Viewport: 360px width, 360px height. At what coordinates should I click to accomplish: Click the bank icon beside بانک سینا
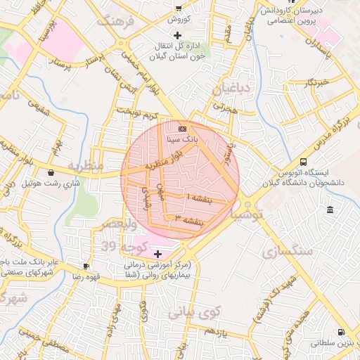[x=183, y=129]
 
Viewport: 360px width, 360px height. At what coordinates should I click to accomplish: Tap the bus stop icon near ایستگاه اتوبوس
[x=303, y=161]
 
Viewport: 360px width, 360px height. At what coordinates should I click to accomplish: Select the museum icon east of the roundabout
[x=330, y=210]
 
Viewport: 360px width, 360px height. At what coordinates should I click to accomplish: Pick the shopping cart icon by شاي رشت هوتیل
[x=51, y=172]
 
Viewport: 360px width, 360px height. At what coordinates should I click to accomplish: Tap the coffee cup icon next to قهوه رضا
[x=86, y=266]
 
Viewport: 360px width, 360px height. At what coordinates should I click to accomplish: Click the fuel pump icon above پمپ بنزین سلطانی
[x=341, y=333]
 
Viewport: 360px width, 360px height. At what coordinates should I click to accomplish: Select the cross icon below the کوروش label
[x=177, y=35]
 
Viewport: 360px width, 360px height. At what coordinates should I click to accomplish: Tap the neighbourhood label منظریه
[x=86, y=165]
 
